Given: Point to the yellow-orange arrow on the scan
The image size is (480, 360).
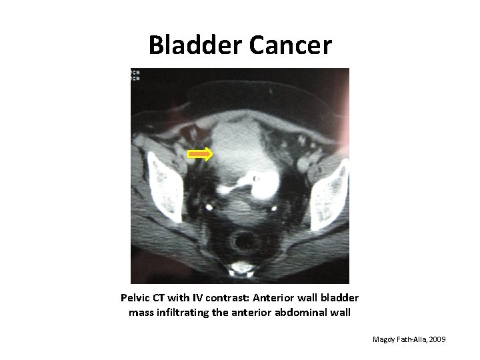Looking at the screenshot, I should pyautogui.click(x=199, y=155).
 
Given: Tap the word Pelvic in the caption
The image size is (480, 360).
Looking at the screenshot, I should pyautogui.click(x=136, y=297).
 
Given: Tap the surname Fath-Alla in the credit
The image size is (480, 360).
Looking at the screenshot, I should pyautogui.click(x=415, y=341).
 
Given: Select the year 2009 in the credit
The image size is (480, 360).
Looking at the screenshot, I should pyautogui.click(x=438, y=341).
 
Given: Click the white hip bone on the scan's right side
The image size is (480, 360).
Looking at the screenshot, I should pyautogui.click(x=329, y=187).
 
